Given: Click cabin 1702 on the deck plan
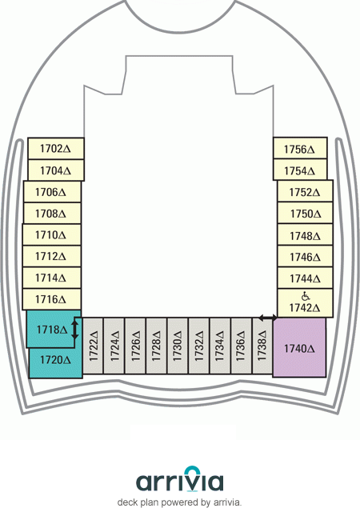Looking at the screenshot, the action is coord(56,148).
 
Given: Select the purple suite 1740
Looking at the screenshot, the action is coord(299,347).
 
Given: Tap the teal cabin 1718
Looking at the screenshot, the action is coord(50,329).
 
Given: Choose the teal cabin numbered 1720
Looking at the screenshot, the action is coord(55,362).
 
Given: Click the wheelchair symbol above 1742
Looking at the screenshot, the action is coord(306,296).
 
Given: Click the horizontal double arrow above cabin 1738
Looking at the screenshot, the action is coord(267,318).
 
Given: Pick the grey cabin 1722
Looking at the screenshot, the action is coord(93,346).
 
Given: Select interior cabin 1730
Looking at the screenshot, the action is coord(178,346).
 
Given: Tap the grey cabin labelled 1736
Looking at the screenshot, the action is coord(241,346).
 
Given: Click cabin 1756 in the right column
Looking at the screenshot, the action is coord(300,148).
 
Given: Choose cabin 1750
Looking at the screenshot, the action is coord(305,213).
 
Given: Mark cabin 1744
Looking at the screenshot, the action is coord(305,278).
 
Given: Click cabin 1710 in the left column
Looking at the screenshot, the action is coord(52,234).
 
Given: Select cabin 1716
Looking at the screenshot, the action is coord(52,299).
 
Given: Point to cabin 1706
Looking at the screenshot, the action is coord(52,192).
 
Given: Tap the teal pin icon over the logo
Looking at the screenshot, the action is coord(193,471).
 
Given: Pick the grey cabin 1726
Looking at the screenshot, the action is coord(135,346).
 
